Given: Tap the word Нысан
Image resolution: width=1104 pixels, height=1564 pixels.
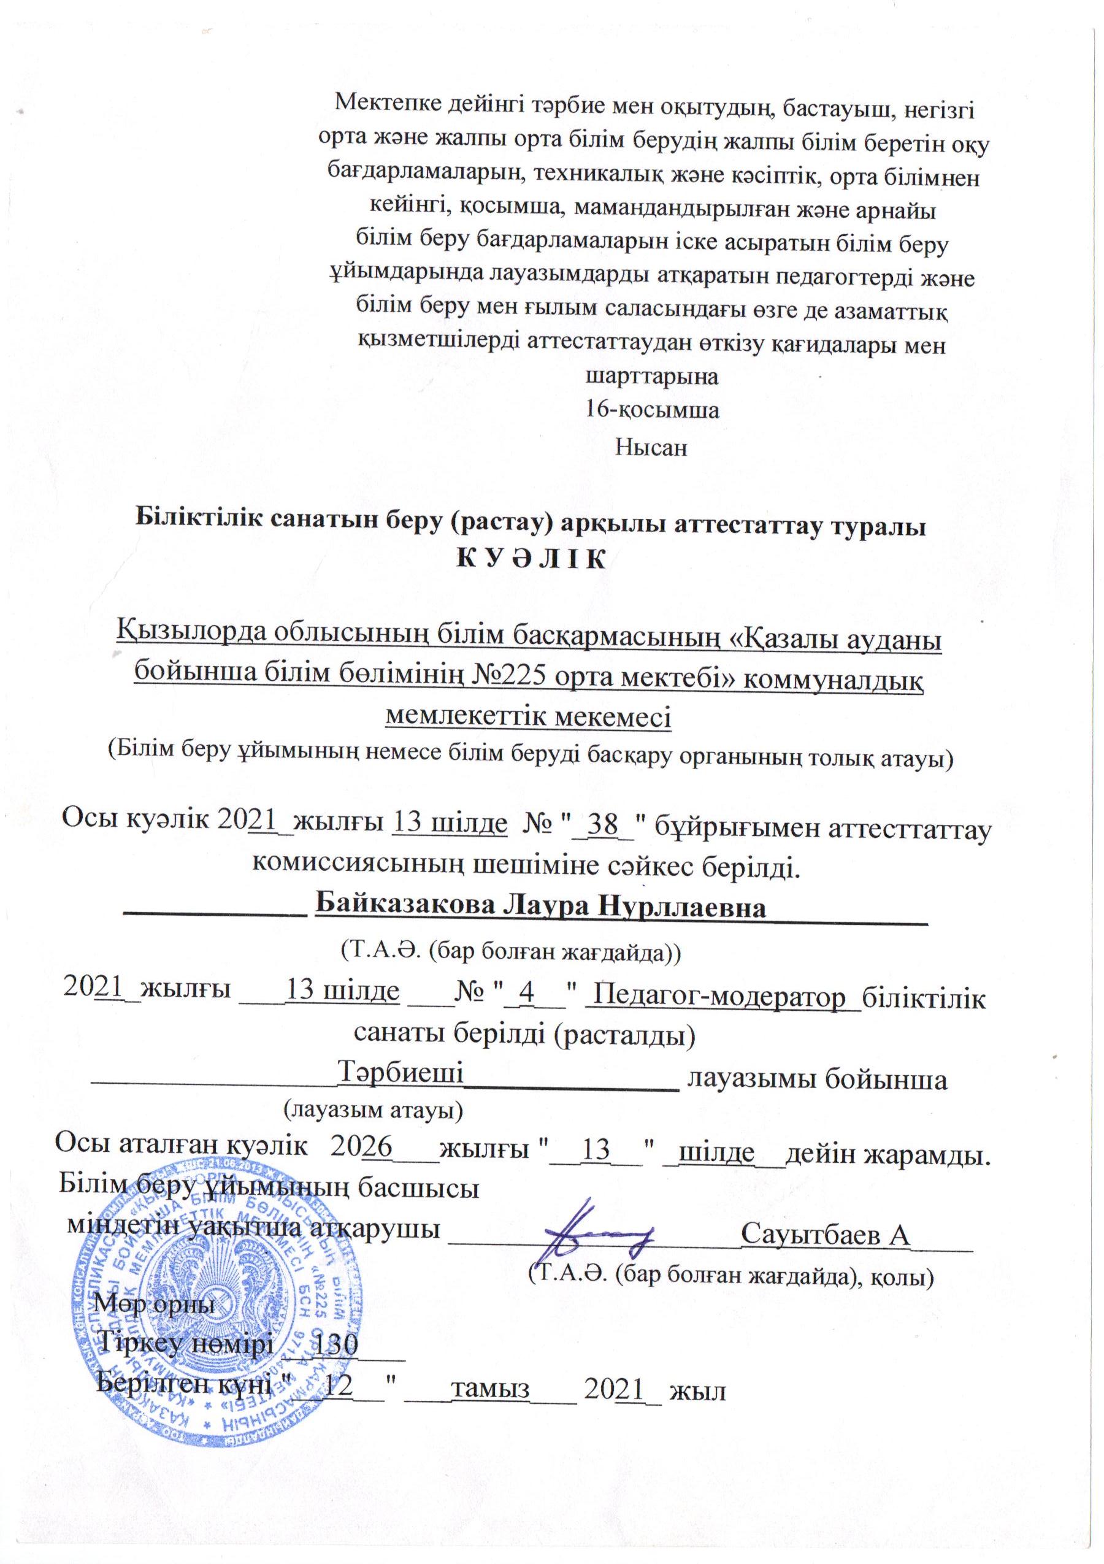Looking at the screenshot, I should pyautogui.click(x=651, y=448).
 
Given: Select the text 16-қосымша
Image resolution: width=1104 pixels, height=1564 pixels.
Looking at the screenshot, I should pyautogui.click(x=653, y=411).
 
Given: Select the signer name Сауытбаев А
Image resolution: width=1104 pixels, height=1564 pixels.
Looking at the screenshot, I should pyautogui.click(x=825, y=1233).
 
